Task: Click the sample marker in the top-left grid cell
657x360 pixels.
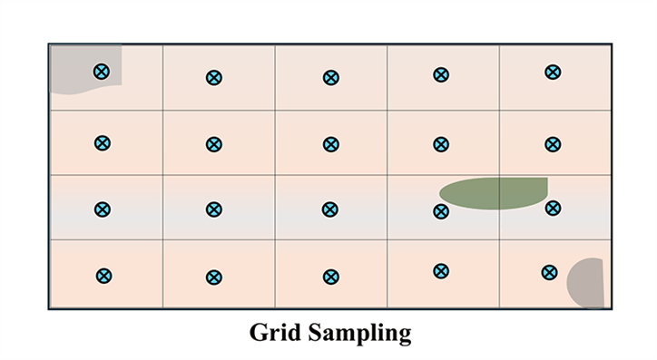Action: pyautogui.click(x=102, y=72)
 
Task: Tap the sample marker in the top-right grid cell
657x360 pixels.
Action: pyautogui.click(x=552, y=72)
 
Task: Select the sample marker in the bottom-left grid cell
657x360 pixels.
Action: pyautogui.click(x=104, y=276)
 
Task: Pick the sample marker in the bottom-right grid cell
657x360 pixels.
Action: pyautogui.click(x=549, y=271)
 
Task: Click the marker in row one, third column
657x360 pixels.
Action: pyautogui.click(x=331, y=78)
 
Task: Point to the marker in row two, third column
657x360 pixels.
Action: pyautogui.click(x=331, y=144)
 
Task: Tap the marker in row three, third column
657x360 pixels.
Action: pyautogui.click(x=331, y=209)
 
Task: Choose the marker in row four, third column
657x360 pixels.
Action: pyautogui.click(x=331, y=277)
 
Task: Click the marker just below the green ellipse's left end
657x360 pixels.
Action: pyautogui.click(x=441, y=211)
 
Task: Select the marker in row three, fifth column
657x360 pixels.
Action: pyautogui.click(x=552, y=208)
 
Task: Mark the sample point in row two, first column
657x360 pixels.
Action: pyautogui.click(x=103, y=142)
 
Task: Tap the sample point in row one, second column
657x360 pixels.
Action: pyautogui.click(x=213, y=78)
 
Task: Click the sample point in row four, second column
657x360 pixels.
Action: pyautogui.click(x=214, y=277)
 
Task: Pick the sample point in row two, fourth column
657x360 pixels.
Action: pyautogui.click(x=441, y=144)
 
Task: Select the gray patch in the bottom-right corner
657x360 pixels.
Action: pyautogui.click(x=588, y=284)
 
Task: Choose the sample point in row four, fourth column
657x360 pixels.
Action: pyautogui.click(x=441, y=270)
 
